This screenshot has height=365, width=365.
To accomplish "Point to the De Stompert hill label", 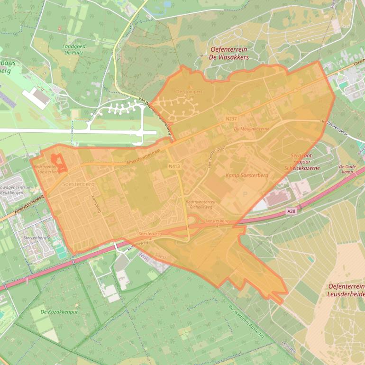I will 186,93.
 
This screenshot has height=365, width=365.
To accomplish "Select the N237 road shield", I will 231,119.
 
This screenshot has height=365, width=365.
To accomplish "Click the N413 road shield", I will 174,166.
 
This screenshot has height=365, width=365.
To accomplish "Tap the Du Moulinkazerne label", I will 251,129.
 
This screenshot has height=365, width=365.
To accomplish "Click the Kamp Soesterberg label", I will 247,175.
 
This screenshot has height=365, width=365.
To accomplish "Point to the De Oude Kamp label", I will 347,169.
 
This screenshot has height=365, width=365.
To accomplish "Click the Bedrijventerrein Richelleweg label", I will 201,204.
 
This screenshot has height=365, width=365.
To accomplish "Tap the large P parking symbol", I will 245,194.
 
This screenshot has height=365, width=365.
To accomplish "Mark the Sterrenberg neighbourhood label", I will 35,237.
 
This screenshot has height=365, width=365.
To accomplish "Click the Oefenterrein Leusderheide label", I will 346,290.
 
